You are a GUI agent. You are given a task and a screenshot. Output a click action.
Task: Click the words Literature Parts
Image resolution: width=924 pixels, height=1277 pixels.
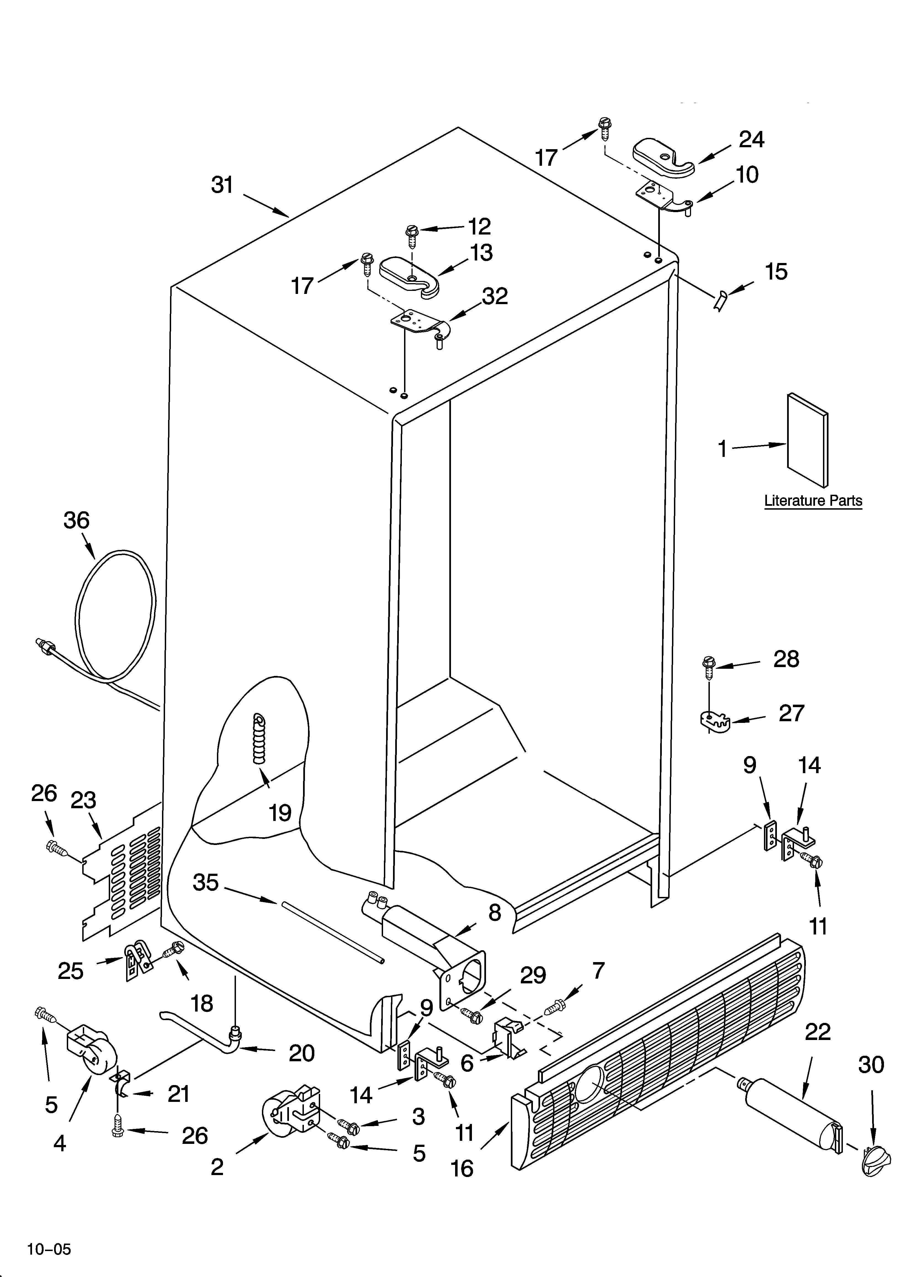(x=813, y=501)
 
